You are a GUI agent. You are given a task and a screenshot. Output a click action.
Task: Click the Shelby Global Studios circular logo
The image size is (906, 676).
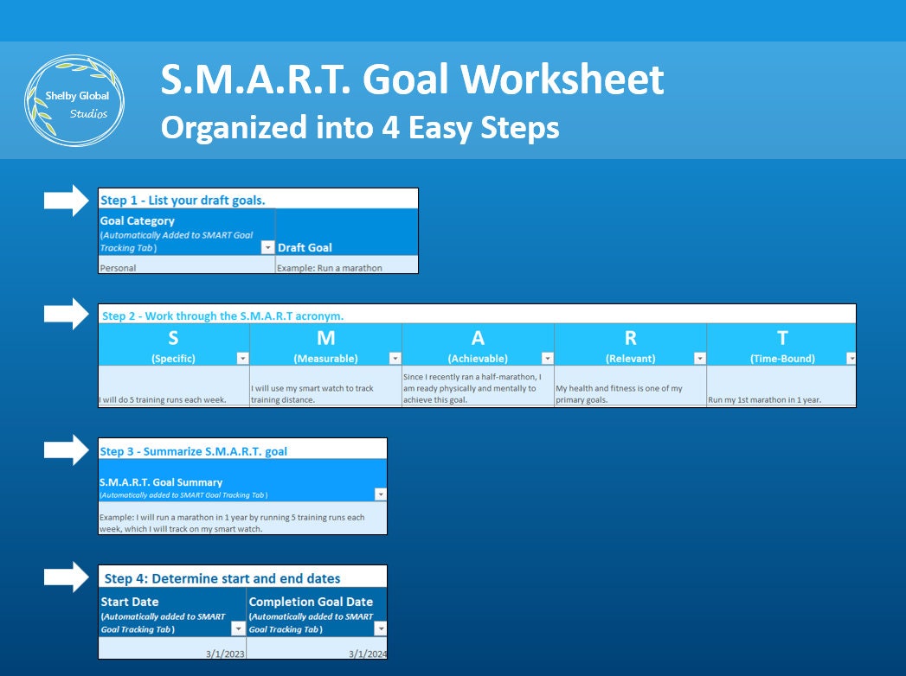[x=74, y=101]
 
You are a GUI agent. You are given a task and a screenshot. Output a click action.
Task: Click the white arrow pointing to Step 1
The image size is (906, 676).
[x=66, y=201]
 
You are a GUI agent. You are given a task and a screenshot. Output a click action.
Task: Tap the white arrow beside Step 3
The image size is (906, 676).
[x=66, y=450]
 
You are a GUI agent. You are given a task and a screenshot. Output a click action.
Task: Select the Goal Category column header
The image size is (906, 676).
[x=138, y=221]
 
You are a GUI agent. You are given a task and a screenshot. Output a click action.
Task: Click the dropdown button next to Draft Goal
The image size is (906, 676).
[x=267, y=247]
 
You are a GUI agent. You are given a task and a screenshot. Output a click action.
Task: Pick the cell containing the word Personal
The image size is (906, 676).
[x=119, y=268]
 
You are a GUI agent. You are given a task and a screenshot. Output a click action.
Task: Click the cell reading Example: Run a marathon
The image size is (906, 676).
[x=330, y=268]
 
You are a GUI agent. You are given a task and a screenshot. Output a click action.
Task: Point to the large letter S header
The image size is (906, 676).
[x=174, y=338]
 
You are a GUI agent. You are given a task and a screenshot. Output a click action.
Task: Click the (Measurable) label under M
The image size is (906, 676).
[x=325, y=358]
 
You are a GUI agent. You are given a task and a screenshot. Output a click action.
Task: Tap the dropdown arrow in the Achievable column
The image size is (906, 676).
[x=547, y=358]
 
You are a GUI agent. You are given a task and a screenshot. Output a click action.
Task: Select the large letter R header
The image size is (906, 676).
[x=630, y=338]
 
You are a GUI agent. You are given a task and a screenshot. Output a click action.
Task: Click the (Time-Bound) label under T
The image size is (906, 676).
[x=781, y=358]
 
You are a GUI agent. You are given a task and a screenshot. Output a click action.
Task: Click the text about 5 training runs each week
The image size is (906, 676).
[x=164, y=400]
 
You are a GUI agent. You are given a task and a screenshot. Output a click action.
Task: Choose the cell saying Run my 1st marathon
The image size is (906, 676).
[x=765, y=400]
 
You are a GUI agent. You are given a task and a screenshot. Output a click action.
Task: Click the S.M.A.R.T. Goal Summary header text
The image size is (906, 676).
[x=161, y=482]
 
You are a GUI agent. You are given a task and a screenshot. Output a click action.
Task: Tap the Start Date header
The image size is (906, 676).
[x=130, y=602]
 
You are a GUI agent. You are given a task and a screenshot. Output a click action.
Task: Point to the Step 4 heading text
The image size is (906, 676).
[x=222, y=578]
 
